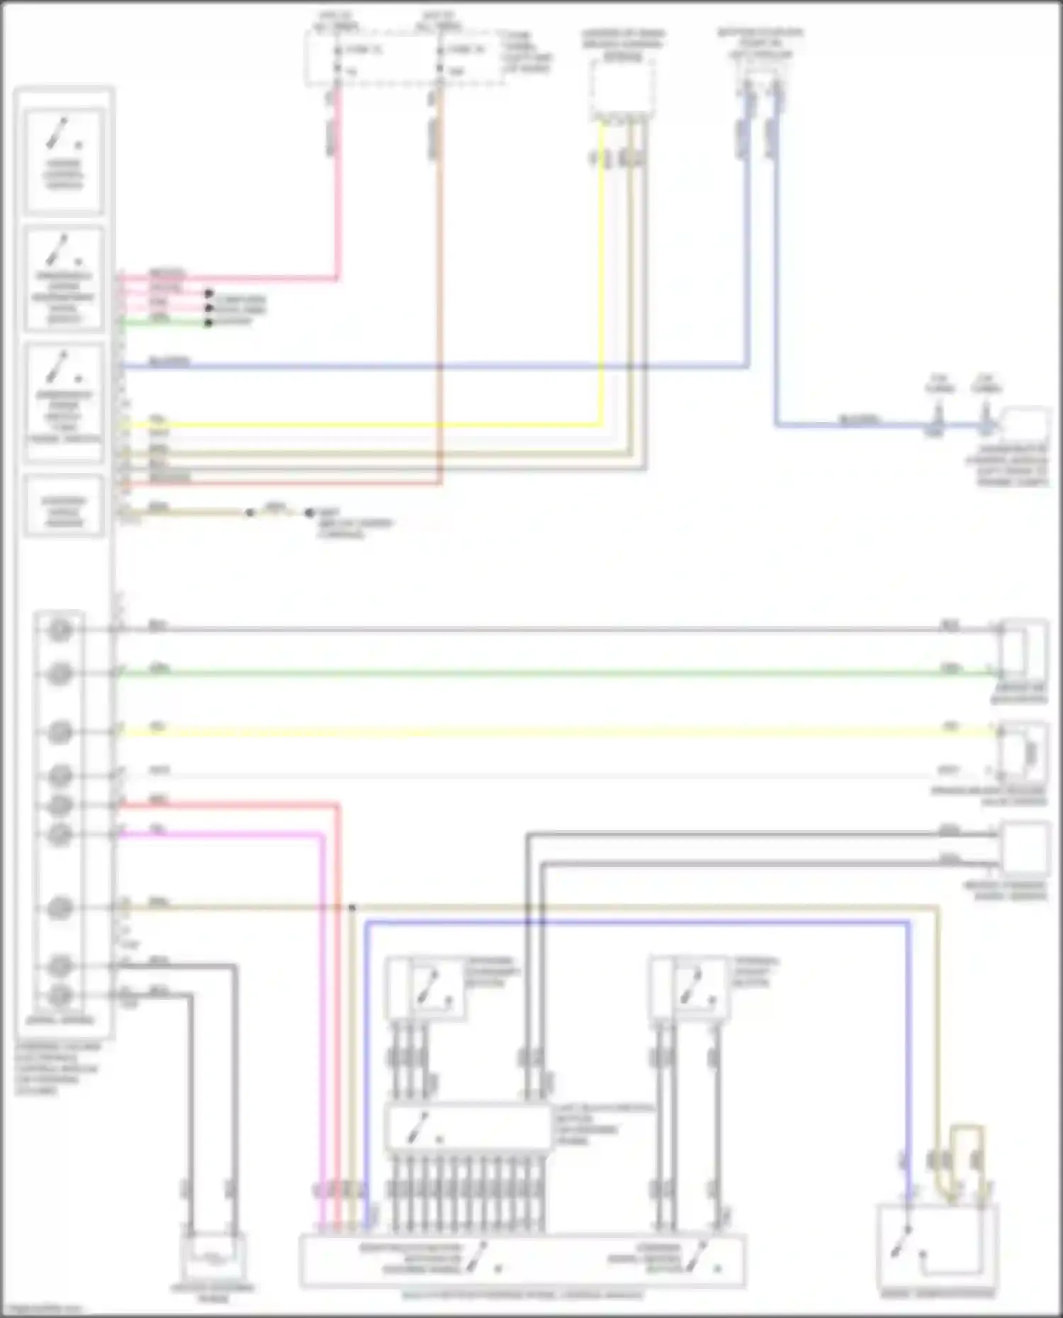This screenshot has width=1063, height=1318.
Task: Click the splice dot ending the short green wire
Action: click(208, 323)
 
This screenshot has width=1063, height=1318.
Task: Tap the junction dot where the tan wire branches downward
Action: click(352, 907)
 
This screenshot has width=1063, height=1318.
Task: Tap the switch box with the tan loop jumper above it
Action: click(937, 1248)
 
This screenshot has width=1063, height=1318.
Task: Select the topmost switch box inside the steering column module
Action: click(64, 160)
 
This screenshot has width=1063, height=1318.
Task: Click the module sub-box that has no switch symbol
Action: click(64, 506)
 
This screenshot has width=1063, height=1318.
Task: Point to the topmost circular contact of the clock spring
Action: click(60, 629)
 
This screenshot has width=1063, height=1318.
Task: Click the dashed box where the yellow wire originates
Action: click(622, 89)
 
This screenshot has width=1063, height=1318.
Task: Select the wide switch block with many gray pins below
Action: click(468, 1127)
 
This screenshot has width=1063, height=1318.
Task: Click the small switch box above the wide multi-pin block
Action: click(425, 988)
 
